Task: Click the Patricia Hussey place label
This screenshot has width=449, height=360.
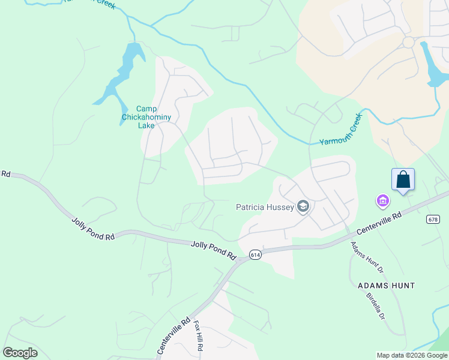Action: pyautogui.click(x=265, y=207)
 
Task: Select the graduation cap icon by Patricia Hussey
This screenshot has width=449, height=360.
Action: pyautogui.click(x=303, y=207)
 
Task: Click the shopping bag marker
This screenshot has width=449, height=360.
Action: pyautogui.click(x=403, y=179)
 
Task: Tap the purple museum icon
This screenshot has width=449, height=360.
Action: pyautogui.click(x=382, y=200)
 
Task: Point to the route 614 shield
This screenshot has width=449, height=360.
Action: pyautogui.click(x=255, y=254)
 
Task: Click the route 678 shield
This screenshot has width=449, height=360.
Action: pyautogui.click(x=433, y=220)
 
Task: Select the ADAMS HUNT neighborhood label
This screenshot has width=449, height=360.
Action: pyautogui.click(x=387, y=286)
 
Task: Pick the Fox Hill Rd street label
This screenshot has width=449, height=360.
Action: pyautogui.click(x=197, y=336)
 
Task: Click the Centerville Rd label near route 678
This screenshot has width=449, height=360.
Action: pyautogui.click(x=379, y=223)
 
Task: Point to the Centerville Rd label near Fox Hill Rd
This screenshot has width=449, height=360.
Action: pyautogui.click(x=174, y=335)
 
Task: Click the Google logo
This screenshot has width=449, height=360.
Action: pyautogui.click(x=20, y=353)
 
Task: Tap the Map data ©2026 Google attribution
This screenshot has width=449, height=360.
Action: pyautogui.click(x=412, y=355)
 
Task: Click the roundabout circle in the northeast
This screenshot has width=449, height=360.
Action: pyautogui.click(x=409, y=43)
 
